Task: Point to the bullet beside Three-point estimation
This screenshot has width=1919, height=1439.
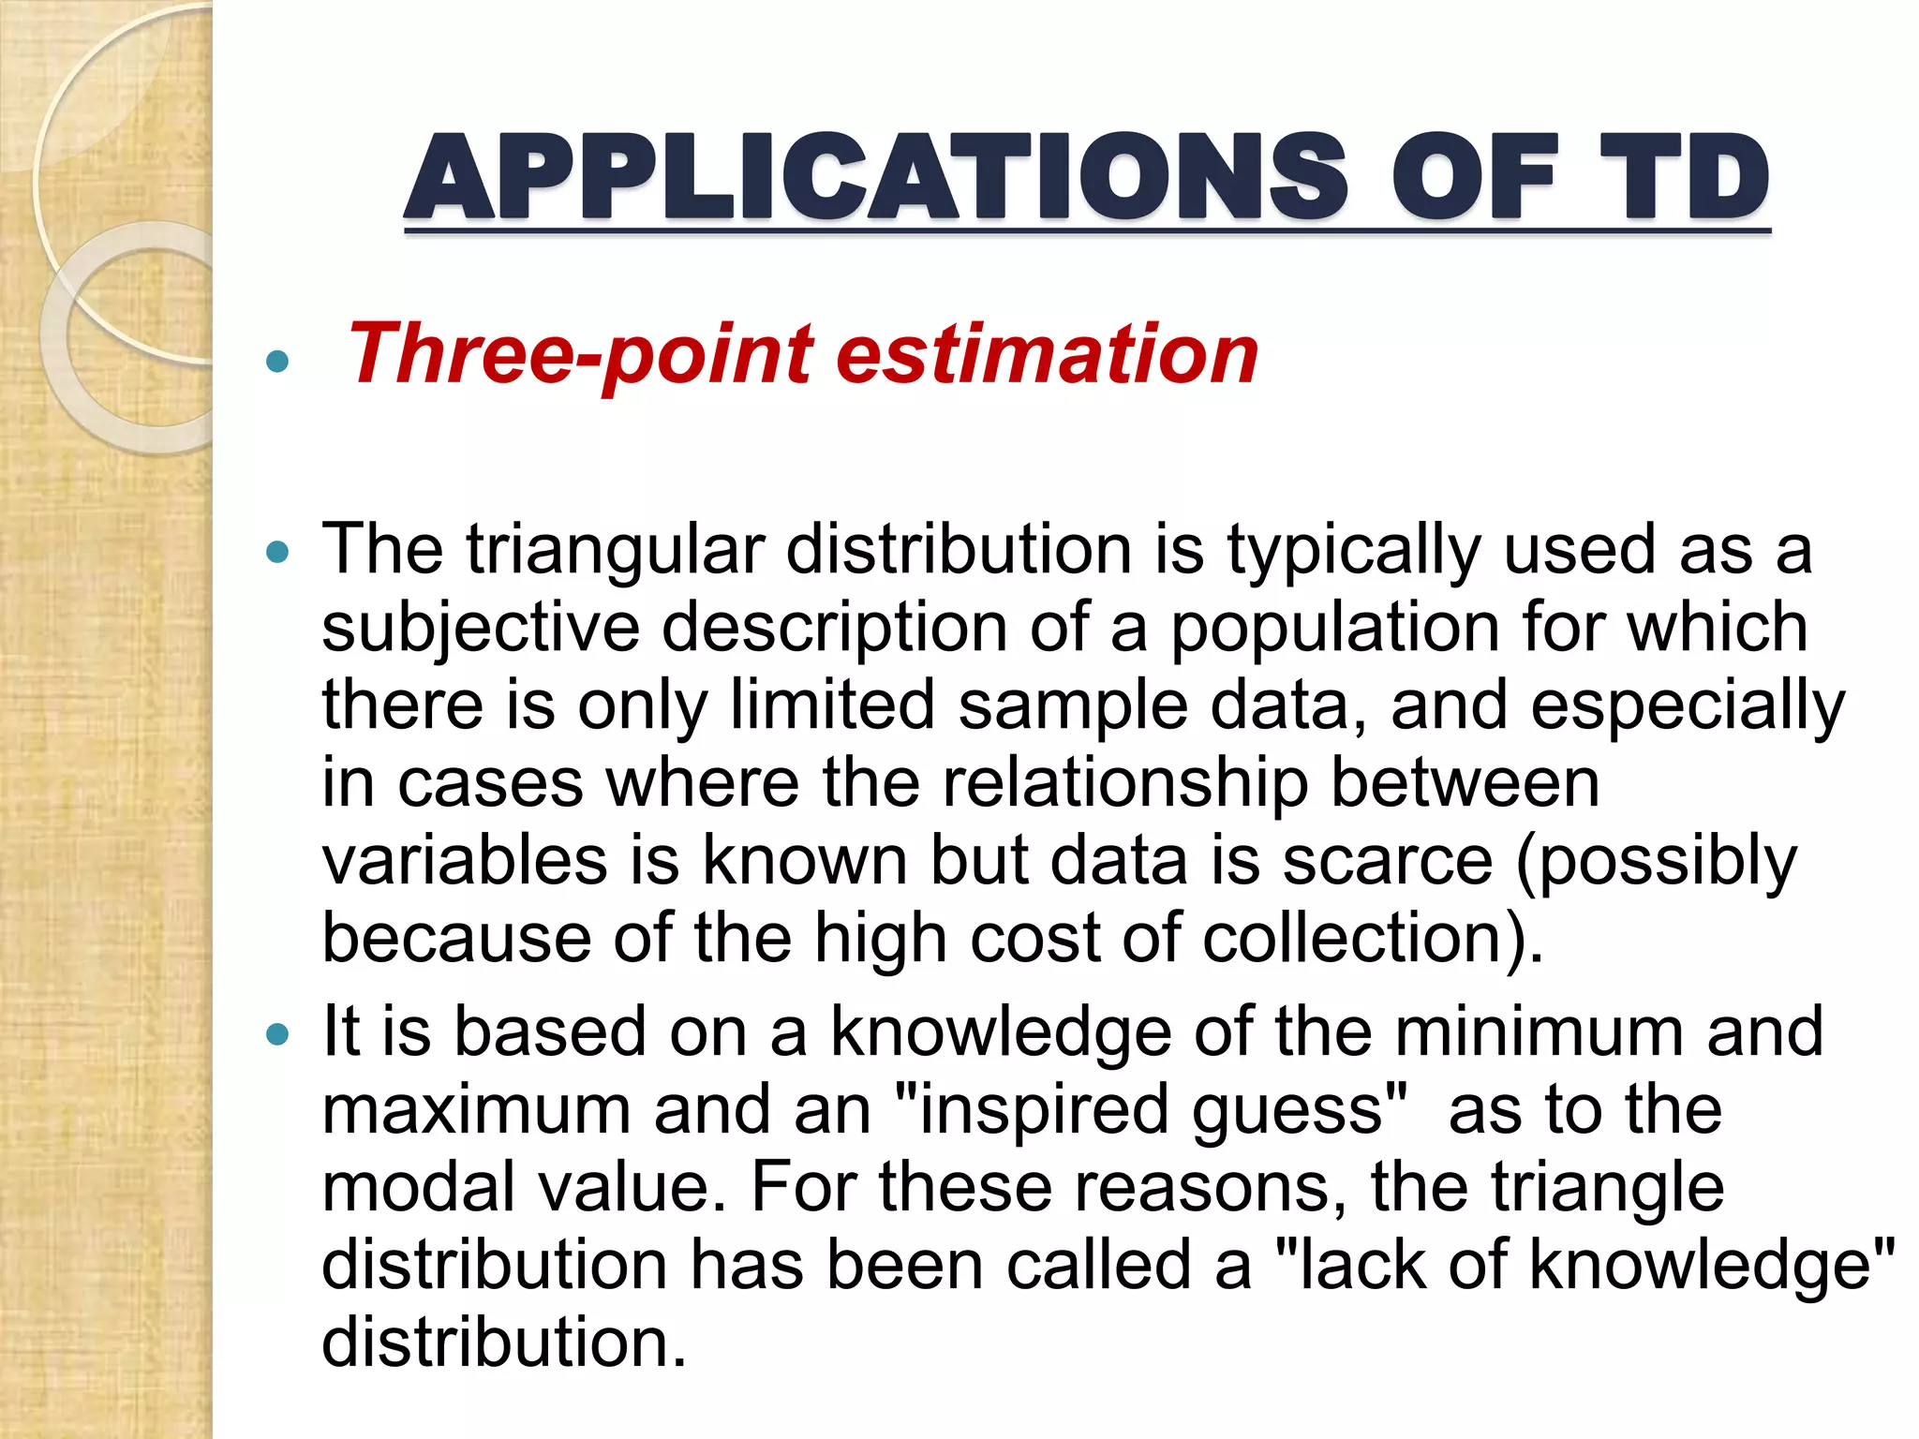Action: (277, 361)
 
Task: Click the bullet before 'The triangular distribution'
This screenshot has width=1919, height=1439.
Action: (277, 553)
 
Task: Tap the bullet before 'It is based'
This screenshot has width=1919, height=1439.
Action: (277, 1035)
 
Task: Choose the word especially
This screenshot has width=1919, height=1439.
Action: (1688, 706)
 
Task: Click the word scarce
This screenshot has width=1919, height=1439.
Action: (1387, 861)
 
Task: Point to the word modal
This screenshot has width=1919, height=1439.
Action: (418, 1188)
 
